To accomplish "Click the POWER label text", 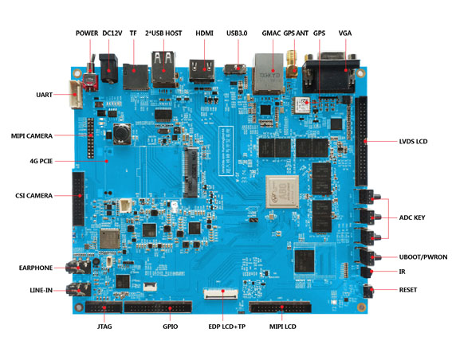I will [x=87, y=33].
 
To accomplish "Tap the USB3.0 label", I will [x=238, y=33].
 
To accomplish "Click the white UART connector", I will [x=77, y=94].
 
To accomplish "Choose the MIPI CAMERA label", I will [x=31, y=135].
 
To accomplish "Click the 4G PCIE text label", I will [x=40, y=162].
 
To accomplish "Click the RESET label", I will [x=412, y=289].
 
